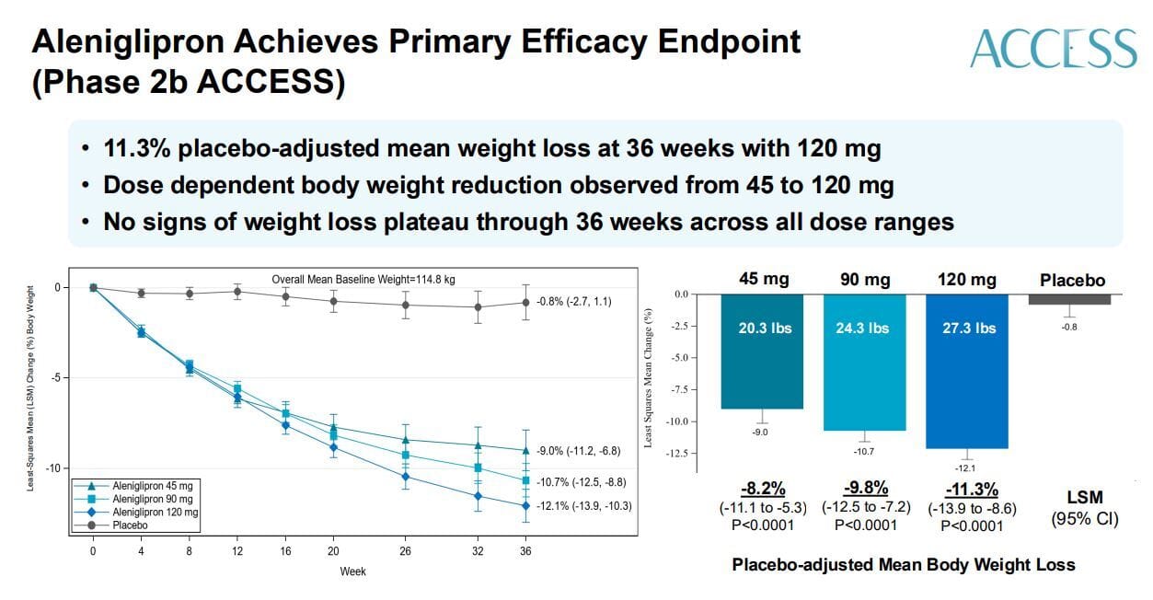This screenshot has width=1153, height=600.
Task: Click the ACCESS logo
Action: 1053,48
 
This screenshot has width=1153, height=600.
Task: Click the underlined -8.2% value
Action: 763,490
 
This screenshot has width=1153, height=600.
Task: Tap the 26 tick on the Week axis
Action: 405,550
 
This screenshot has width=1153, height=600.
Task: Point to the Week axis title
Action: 352,571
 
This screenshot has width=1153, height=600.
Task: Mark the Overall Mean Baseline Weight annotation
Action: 363,280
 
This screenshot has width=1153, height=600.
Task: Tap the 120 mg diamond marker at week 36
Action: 525,506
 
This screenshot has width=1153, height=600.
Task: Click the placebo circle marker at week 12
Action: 237,292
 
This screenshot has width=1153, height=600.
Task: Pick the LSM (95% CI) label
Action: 1084,507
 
